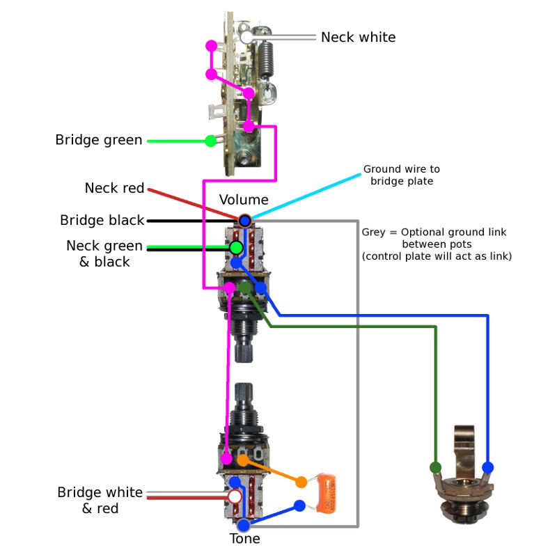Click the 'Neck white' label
click(x=358, y=37)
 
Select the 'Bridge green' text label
click(x=99, y=141)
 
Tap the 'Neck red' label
click(x=114, y=188)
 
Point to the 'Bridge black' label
click(x=102, y=221)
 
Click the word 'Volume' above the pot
click(x=244, y=200)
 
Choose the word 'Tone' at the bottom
click(x=245, y=539)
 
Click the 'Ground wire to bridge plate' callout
click(x=401, y=175)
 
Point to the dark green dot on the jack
click(x=436, y=466)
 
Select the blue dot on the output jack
click(x=487, y=466)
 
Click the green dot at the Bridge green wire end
click(x=210, y=141)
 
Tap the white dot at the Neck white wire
click(x=246, y=37)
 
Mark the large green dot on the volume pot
click(x=237, y=247)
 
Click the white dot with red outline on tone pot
click(x=235, y=496)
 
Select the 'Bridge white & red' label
click(x=100, y=501)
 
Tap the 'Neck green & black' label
click(x=104, y=253)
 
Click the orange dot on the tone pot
click(x=242, y=460)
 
